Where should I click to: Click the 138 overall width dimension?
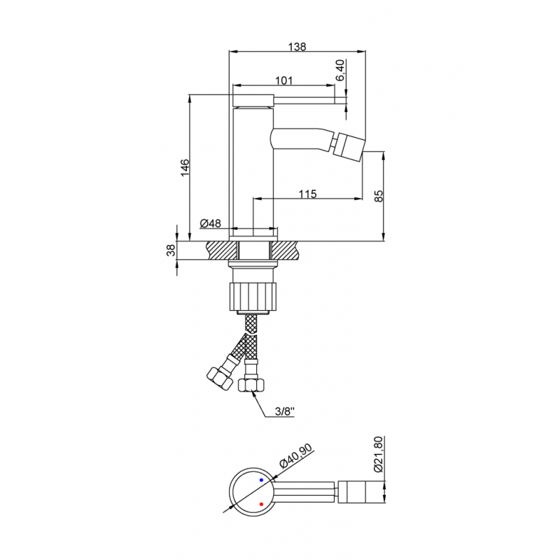297,47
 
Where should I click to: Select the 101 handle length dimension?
285,80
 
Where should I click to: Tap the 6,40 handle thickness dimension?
340,72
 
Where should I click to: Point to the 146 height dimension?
185,168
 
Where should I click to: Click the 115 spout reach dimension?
307,194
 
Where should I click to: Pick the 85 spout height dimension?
379,197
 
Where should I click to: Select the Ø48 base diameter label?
210,223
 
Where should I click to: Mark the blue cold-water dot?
261,480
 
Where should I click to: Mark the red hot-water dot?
261,503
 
